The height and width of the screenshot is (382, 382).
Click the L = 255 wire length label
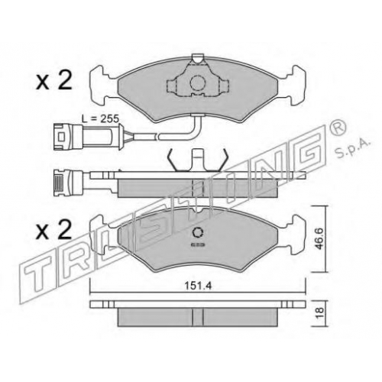[100, 118]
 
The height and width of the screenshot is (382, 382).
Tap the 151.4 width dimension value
[198, 286]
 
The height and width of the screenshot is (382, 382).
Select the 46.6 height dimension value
[320, 238]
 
